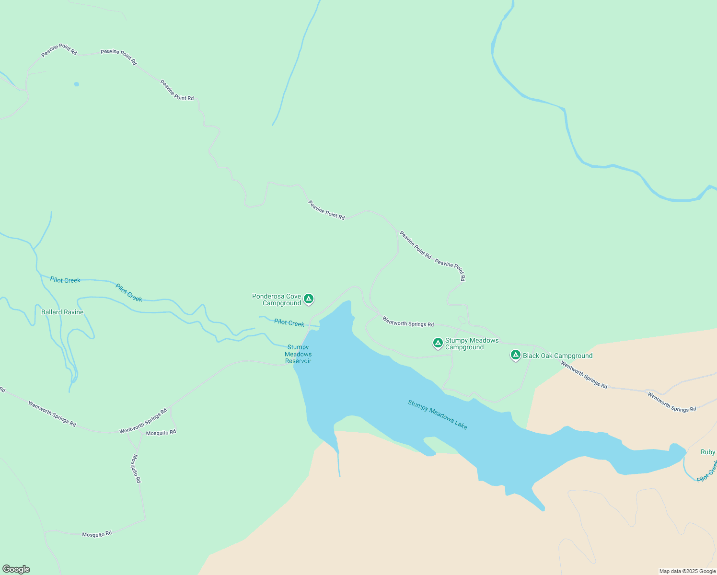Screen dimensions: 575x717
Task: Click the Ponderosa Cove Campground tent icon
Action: [309, 299]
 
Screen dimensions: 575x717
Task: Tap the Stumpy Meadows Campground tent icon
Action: [438, 343]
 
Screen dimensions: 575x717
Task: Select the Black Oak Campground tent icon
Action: [516, 355]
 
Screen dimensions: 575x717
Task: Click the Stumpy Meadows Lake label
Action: [437, 414]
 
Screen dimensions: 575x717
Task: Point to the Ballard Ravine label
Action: [62, 312]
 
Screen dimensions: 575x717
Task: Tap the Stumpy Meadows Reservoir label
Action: [298, 354]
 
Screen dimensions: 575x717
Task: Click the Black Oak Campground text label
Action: [557, 356]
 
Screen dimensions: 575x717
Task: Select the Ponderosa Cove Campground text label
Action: [277, 300]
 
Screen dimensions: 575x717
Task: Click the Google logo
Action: [16, 569]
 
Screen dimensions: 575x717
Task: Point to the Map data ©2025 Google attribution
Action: [687, 571]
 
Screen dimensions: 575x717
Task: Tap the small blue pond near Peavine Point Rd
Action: [77, 84]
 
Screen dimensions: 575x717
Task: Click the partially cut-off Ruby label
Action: [708, 452]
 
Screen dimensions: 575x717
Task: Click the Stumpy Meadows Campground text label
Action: [472, 344]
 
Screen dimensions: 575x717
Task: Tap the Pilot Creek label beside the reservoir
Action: [289, 323]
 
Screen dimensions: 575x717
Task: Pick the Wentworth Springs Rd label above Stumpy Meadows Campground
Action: [408, 322]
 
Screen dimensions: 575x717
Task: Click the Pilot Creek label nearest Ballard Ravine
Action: [65, 280]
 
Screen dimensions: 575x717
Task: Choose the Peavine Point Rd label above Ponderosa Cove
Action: [326, 210]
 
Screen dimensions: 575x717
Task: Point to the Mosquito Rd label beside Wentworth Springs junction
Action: [161, 433]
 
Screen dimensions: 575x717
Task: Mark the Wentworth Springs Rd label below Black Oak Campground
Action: [584, 375]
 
